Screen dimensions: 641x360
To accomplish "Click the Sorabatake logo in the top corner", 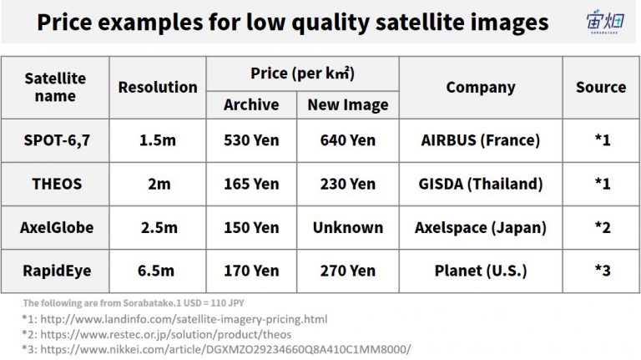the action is [x=604, y=21].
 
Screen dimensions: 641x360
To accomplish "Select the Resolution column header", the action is [x=158, y=87].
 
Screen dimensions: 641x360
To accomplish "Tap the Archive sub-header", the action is [x=251, y=104].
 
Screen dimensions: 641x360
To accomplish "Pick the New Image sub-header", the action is [x=348, y=105].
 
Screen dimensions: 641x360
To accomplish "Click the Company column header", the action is [x=481, y=88].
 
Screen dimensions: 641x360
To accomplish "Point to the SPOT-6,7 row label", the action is [x=57, y=140].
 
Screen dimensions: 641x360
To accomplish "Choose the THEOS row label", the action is [x=57, y=184].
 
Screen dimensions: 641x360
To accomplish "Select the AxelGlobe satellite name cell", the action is [x=57, y=227].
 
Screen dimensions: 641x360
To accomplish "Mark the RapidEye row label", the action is [x=57, y=271].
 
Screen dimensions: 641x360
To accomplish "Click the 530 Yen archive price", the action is [x=251, y=140].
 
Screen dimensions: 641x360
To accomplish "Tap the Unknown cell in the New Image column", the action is [x=348, y=227].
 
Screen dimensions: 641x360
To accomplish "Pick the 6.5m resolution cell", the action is [x=156, y=271].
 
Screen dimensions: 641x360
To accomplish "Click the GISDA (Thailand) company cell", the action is [x=481, y=184].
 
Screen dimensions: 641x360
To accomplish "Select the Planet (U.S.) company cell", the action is [x=481, y=271].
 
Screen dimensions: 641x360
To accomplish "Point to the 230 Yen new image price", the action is [x=348, y=184].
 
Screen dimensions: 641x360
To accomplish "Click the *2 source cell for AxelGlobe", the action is [x=603, y=227].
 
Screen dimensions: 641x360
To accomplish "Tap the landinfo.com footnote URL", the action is [x=184, y=319].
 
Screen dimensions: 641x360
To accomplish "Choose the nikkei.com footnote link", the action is [x=225, y=349].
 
